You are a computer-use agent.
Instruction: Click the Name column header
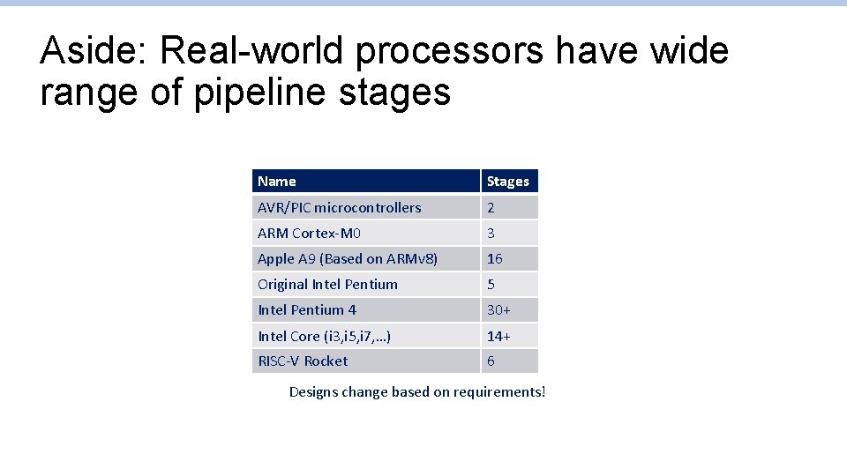click(x=277, y=182)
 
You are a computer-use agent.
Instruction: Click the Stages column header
click(x=508, y=182)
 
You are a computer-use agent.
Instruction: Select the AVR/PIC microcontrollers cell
click(x=340, y=208)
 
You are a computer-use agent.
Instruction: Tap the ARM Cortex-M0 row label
click(x=309, y=234)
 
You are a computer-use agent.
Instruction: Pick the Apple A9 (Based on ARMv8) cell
click(x=348, y=259)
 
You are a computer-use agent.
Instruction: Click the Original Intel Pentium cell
click(x=327, y=285)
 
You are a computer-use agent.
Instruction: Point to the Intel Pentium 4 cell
click(x=307, y=310)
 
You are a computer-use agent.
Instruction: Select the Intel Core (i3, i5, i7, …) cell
click(x=325, y=336)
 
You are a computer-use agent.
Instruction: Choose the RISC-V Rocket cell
click(x=303, y=361)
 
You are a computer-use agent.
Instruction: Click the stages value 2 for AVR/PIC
click(x=491, y=208)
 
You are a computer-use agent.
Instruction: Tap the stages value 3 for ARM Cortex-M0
click(x=491, y=234)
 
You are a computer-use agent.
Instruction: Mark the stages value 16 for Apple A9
click(x=495, y=259)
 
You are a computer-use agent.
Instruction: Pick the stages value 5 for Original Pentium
click(x=491, y=285)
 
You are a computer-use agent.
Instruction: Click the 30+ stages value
click(x=498, y=310)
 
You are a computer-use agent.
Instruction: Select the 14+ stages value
click(x=498, y=336)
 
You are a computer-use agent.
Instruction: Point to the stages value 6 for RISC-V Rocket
click(x=491, y=361)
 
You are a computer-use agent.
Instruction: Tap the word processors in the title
click(x=450, y=51)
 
